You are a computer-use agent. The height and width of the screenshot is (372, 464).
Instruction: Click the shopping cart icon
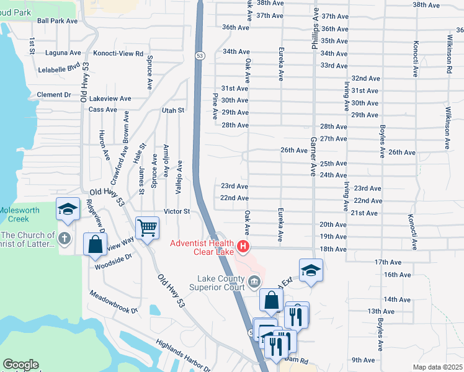pyautogui.click(x=147, y=228)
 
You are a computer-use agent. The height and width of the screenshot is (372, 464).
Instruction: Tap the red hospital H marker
pyautogui.click(x=243, y=247)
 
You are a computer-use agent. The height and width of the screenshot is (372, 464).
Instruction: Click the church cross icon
pyautogui.click(x=64, y=237)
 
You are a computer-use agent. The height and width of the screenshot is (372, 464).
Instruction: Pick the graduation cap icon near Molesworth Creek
pyautogui.click(x=68, y=209)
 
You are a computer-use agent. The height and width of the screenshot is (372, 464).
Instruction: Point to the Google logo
pyautogui.click(x=20, y=365)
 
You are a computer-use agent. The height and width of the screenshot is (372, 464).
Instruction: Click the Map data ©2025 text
pyautogui.click(x=437, y=367)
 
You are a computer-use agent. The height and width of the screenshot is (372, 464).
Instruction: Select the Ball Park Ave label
pyautogui.click(x=57, y=20)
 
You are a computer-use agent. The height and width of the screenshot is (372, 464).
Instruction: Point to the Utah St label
pyautogui.click(x=173, y=110)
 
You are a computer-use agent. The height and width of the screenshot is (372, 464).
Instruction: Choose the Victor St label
pyautogui.click(x=176, y=211)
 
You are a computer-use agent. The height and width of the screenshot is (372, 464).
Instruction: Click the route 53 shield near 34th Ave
pyautogui.click(x=199, y=56)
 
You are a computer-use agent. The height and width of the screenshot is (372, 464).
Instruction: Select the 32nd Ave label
pyautogui.click(x=365, y=79)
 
